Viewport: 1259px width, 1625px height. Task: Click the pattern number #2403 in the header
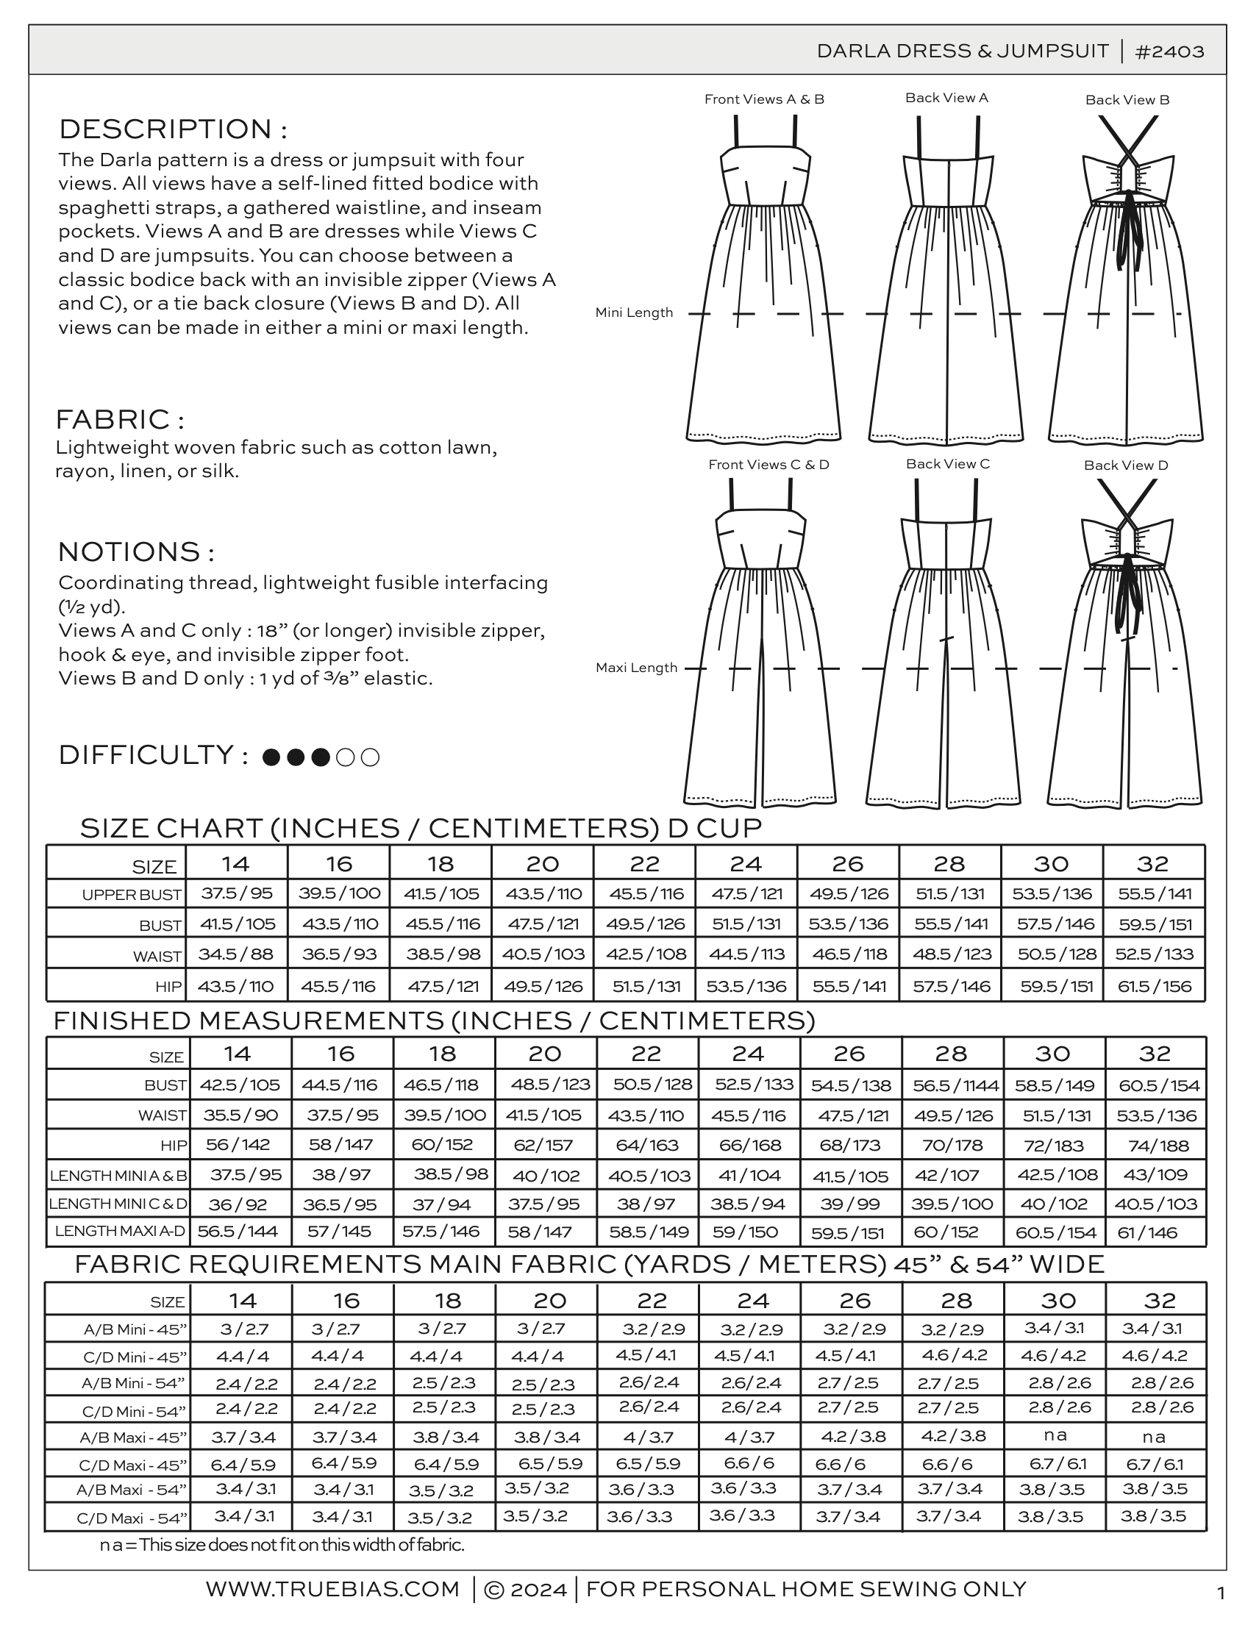point(1170,51)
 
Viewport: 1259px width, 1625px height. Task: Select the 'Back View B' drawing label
point(1127,100)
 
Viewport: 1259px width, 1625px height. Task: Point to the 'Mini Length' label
point(634,312)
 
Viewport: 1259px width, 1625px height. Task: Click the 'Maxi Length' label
point(636,668)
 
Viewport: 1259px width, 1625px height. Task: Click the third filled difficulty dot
point(320,757)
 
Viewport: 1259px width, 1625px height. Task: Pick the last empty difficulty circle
point(370,757)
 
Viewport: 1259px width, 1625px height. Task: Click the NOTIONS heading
point(136,551)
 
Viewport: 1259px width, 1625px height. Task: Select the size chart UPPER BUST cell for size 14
point(237,893)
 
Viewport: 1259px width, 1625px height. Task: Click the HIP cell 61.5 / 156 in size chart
point(1154,986)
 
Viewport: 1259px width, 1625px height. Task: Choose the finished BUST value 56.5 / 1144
point(955,1085)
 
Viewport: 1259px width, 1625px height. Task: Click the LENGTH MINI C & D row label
point(118,1203)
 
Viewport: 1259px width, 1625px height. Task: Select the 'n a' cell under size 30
point(1055,1435)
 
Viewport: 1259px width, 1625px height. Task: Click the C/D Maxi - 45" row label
point(132,1465)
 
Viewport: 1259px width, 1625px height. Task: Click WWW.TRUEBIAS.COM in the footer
point(332,1588)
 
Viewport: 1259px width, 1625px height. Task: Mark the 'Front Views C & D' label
point(768,464)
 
